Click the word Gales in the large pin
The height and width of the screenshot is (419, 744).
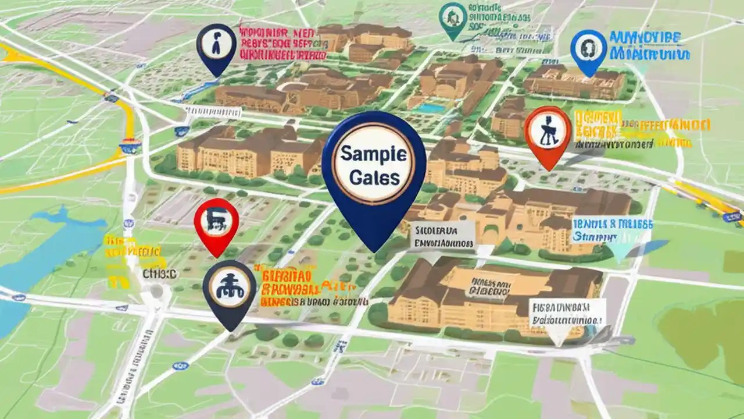(x=374, y=177)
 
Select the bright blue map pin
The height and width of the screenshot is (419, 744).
(x=589, y=49)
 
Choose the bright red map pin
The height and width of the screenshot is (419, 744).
(x=216, y=222)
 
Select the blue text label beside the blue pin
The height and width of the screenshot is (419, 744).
(x=649, y=47)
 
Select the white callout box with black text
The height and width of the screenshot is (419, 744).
(x=566, y=313)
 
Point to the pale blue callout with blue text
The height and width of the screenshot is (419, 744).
(x=612, y=231)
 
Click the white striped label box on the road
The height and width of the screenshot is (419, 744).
(x=210, y=109)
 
